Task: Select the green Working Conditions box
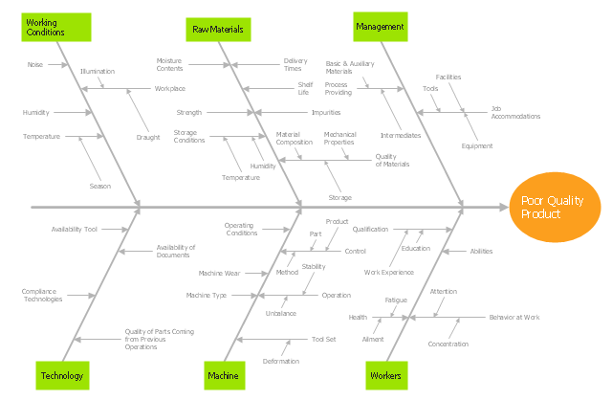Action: [x=56, y=27]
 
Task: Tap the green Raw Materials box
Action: [x=218, y=30]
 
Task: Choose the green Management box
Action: [x=380, y=27]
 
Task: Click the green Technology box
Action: [x=63, y=375]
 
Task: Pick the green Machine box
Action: [x=223, y=375]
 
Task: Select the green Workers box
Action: [x=384, y=375]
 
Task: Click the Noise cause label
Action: [x=35, y=64]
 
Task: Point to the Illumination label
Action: [x=97, y=71]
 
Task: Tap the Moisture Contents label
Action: [x=169, y=64]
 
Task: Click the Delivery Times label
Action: [x=294, y=64]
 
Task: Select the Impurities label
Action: [x=325, y=112]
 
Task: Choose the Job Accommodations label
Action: [x=515, y=112]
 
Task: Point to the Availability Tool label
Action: [x=75, y=229]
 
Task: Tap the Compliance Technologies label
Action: [x=42, y=295]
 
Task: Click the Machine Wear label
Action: [x=219, y=272]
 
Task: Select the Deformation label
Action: [x=281, y=361]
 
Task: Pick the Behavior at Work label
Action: [x=514, y=317]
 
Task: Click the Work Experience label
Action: [x=389, y=272]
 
